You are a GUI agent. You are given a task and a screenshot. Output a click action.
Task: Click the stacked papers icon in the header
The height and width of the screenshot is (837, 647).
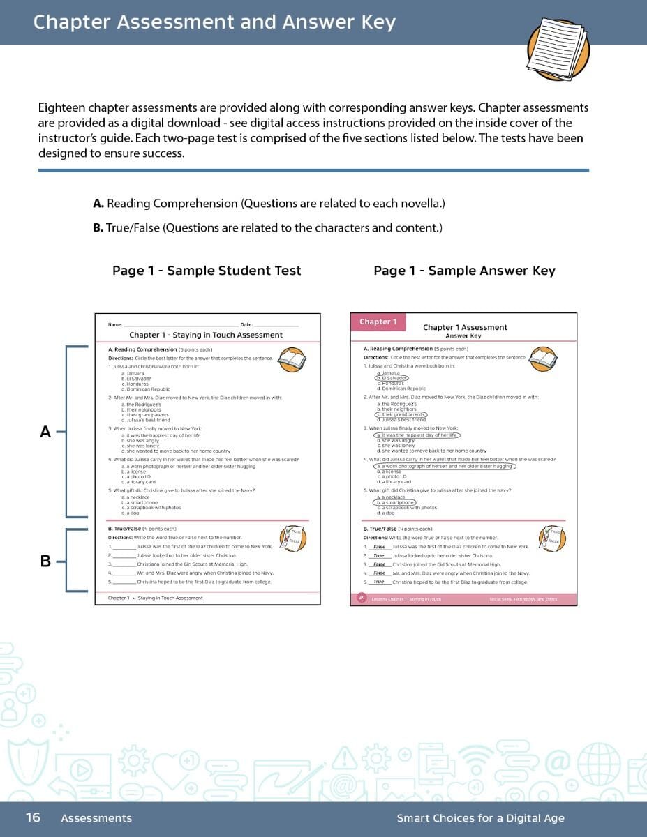click(558, 48)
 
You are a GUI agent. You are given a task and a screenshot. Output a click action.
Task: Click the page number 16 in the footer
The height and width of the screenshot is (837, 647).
click(33, 817)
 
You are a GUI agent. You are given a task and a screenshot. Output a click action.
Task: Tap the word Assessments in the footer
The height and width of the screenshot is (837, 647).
click(96, 818)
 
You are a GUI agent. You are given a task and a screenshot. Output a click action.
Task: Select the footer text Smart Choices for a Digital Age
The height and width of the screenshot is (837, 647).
click(480, 818)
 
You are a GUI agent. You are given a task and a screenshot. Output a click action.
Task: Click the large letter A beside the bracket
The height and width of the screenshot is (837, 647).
click(45, 432)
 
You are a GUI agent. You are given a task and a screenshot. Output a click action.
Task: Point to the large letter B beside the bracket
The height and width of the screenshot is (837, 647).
click(45, 560)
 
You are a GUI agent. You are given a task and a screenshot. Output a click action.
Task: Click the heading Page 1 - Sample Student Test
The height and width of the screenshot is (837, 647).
click(207, 271)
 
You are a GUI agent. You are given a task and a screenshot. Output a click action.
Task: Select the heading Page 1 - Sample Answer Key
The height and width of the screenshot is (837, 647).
click(464, 271)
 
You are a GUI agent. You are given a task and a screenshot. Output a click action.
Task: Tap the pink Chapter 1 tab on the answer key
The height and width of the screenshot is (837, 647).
click(378, 322)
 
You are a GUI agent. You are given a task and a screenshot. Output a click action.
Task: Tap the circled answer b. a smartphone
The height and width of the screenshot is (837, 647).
click(395, 502)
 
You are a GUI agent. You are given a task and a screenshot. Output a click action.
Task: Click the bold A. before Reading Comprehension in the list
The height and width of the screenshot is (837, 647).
click(98, 204)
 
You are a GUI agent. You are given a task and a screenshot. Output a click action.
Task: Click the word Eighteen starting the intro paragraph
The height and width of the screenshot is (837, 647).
click(63, 108)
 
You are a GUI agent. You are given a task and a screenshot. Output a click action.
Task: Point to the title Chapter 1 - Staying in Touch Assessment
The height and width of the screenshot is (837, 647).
click(206, 335)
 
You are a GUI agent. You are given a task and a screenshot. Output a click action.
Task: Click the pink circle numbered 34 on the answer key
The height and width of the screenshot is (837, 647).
click(362, 598)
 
